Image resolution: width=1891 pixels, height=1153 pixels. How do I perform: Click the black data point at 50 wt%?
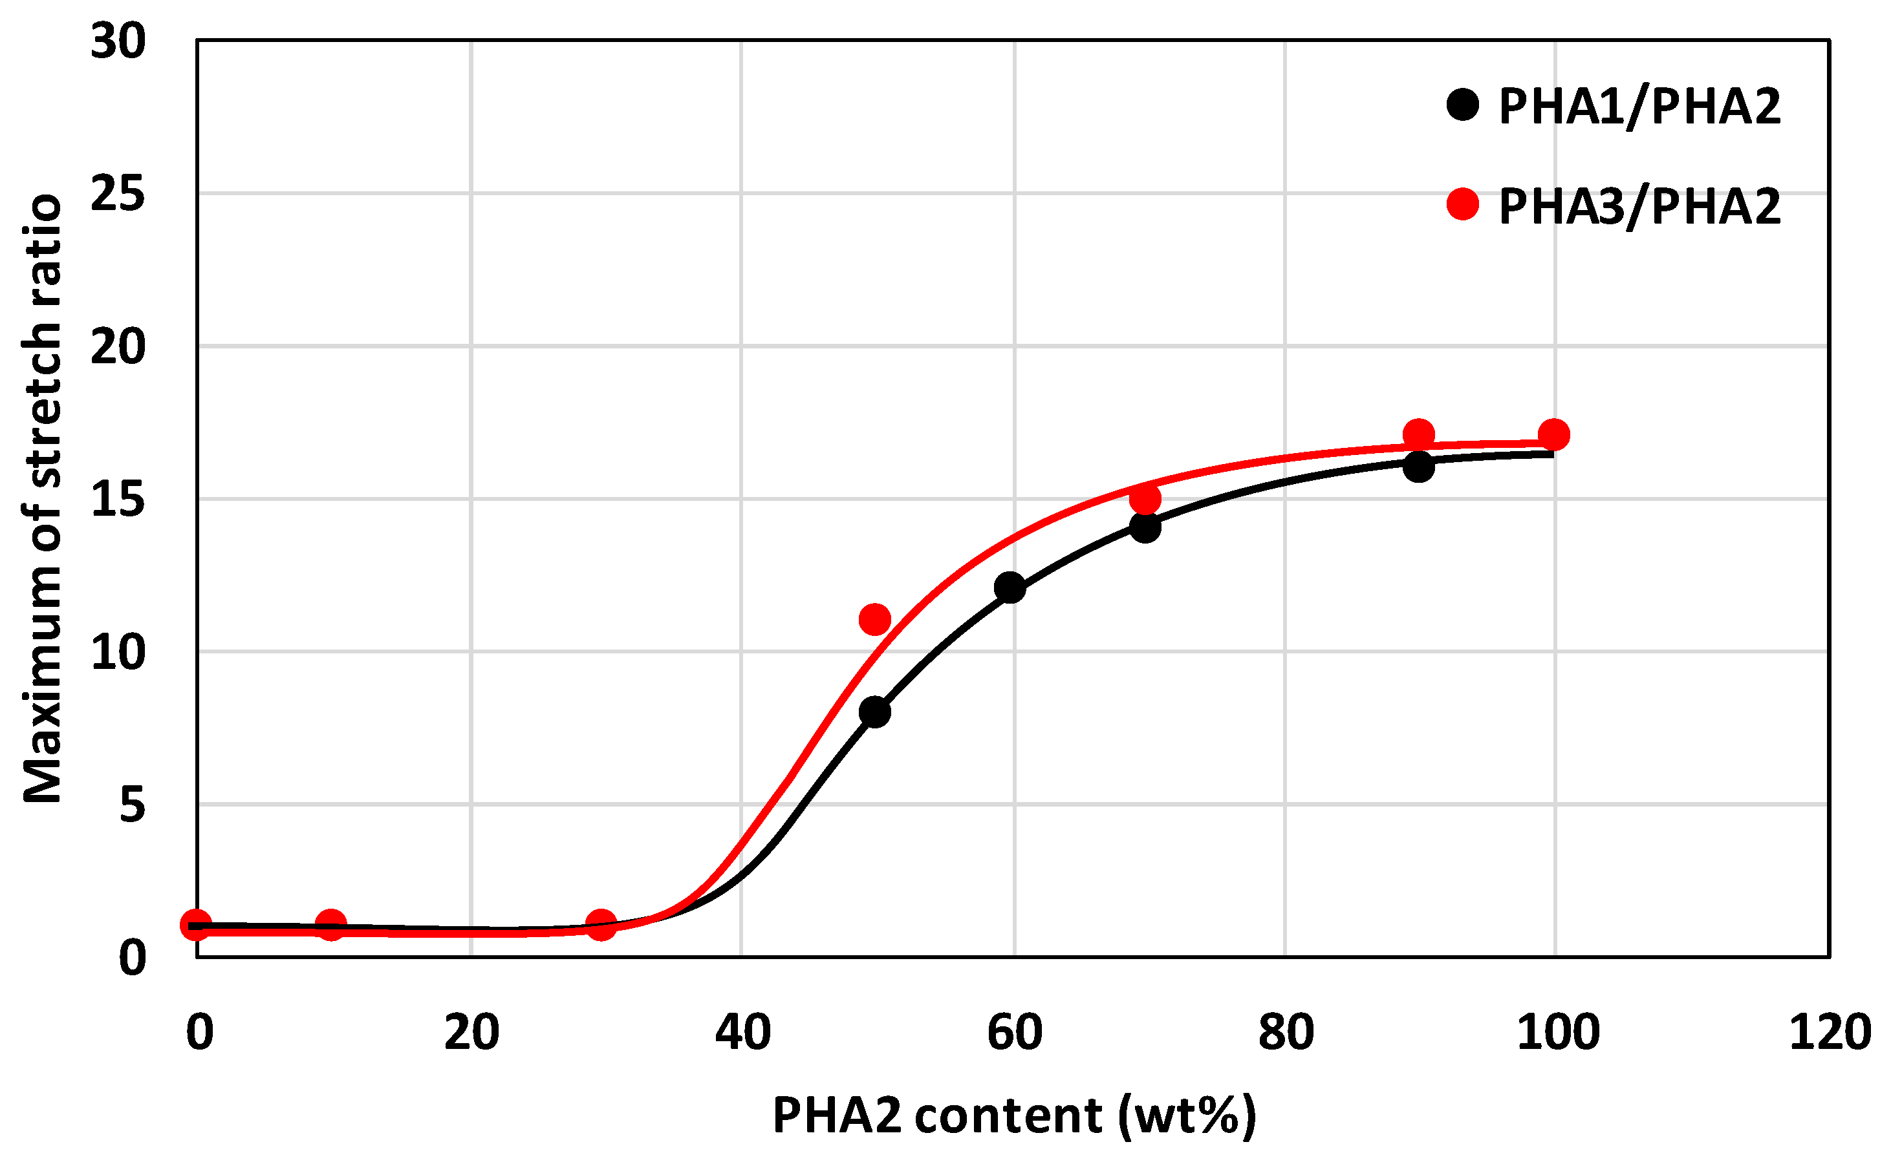click(875, 712)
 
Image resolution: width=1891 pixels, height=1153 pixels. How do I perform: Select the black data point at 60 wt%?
click(1010, 587)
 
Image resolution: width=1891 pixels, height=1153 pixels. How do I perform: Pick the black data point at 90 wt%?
click(1419, 467)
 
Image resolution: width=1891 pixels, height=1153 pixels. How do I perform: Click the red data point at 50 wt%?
click(875, 619)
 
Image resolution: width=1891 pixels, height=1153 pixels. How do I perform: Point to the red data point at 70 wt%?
click(1145, 500)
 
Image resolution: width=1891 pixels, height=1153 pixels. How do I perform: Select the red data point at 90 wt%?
click(1419, 435)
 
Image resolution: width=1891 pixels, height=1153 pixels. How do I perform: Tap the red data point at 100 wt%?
click(1554, 435)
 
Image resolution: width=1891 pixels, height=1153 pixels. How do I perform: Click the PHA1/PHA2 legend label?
click(1639, 106)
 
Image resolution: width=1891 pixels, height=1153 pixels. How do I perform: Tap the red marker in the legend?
click(1463, 204)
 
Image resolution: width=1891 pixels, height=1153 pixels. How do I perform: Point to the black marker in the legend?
click(1463, 104)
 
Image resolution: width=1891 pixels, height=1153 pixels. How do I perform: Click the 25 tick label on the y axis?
click(118, 193)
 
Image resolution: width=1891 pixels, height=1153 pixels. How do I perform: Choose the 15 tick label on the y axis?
click(118, 500)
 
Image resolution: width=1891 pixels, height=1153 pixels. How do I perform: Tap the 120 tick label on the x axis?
click(1830, 1033)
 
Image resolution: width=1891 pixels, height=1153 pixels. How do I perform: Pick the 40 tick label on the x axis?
click(742, 1033)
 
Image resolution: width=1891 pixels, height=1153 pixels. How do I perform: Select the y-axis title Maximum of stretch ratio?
click(42, 499)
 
